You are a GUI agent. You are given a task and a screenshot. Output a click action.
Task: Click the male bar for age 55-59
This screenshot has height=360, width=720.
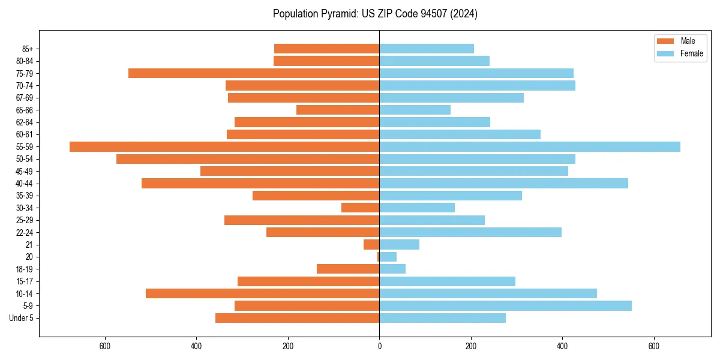[224, 146]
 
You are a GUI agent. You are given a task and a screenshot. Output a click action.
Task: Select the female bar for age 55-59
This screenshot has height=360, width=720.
[530, 146]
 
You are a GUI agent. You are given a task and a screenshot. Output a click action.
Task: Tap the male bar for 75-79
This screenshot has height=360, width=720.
[254, 73]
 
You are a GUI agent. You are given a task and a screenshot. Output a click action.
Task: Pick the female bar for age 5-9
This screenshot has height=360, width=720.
[505, 305]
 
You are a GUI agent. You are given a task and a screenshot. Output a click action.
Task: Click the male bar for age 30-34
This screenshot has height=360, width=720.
[360, 208]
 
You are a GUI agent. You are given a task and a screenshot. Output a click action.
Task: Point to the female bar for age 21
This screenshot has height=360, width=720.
[399, 244]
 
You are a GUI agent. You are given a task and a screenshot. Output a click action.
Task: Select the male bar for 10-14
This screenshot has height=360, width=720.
[262, 293]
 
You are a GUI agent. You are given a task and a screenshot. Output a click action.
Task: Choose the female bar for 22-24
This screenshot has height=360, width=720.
[470, 232]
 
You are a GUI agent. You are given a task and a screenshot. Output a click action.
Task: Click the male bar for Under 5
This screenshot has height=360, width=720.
[297, 318]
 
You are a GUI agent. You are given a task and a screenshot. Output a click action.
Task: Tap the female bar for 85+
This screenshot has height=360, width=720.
[427, 49]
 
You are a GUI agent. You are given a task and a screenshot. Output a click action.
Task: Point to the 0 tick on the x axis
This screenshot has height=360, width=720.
[379, 346]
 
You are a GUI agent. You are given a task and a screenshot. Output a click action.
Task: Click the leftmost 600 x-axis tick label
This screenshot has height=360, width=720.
[105, 346]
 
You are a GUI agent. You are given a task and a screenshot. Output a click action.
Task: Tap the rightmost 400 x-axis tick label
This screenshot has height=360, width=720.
[562, 346]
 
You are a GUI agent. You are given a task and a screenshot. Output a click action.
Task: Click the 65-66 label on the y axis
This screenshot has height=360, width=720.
[25, 110]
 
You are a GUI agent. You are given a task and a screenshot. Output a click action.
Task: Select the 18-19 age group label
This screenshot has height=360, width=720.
[25, 269]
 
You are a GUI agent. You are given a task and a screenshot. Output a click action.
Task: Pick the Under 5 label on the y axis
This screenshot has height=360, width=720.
[21, 318]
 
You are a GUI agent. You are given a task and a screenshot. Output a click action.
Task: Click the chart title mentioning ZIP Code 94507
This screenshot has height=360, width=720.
[375, 14]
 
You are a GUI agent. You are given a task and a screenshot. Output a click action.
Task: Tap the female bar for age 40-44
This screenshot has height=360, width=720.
[503, 183]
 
